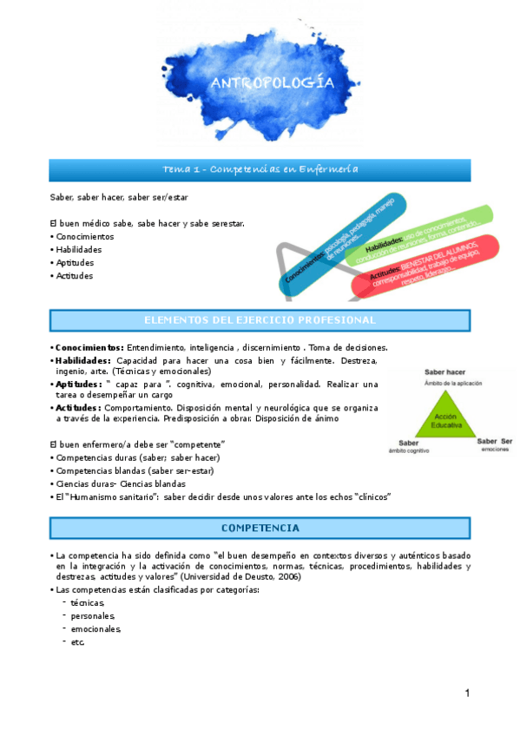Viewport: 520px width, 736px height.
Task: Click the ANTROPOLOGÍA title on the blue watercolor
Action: [x=272, y=82]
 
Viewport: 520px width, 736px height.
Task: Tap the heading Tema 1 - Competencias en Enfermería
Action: [x=260, y=168]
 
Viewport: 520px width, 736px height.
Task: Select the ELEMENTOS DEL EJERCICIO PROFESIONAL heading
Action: [x=260, y=320]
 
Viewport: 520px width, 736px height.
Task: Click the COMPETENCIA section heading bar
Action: [x=260, y=527]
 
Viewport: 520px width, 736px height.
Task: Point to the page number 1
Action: [x=466, y=693]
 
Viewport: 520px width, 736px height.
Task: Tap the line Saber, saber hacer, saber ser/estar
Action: [x=119, y=197]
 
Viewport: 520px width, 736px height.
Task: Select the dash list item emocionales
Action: [x=96, y=628]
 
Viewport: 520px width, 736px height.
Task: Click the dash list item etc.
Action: [x=78, y=641]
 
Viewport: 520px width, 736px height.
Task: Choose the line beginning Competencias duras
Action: [x=138, y=457]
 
